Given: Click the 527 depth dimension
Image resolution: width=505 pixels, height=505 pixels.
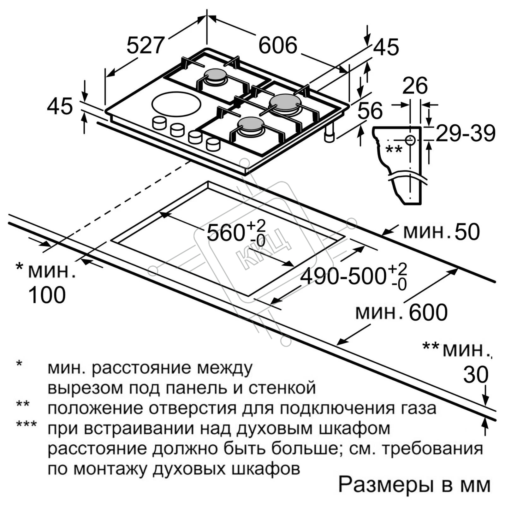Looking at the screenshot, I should coord(146,45).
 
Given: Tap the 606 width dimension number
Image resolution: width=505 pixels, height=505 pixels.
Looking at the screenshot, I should coord(278,45).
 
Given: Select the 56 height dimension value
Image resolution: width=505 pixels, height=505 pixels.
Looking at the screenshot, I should coord(370,110).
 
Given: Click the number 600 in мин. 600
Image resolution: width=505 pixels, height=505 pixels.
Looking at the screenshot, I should coord(428,312).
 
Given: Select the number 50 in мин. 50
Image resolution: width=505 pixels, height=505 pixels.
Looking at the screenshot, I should coord(467,232).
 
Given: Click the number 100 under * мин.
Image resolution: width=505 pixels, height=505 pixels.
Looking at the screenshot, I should coord(47,295).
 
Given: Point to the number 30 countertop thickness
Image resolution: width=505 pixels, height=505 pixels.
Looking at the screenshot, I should coord(476,375).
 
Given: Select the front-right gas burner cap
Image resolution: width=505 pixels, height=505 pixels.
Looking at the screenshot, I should coord(250,124).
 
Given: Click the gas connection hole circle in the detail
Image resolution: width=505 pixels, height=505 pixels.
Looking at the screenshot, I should coord(410,140).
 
